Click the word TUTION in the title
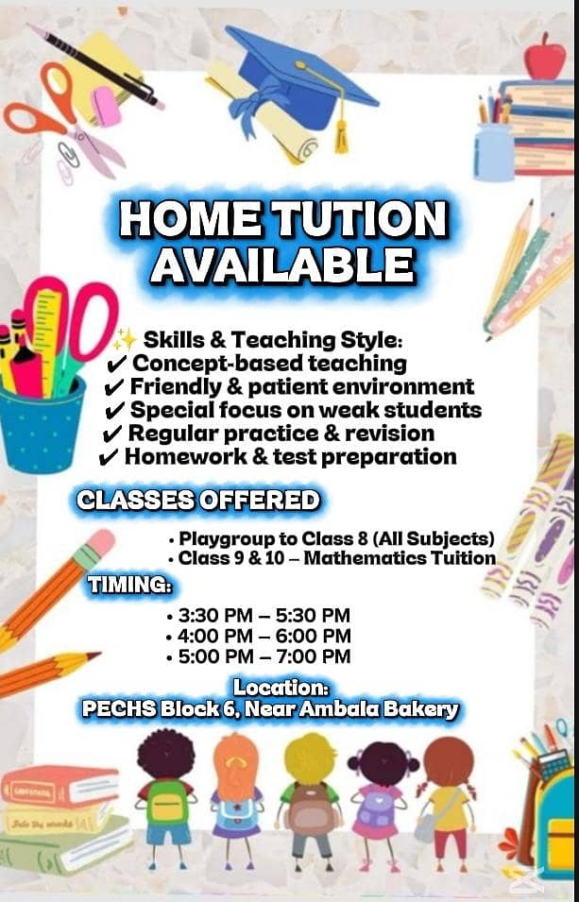(x=359, y=219)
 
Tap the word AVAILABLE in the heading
(x=283, y=265)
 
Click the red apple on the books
(x=544, y=57)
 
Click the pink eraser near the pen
(x=106, y=107)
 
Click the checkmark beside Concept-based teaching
(x=116, y=365)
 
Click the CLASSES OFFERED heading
(x=198, y=500)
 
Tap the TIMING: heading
(x=129, y=585)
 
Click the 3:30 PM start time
(x=215, y=616)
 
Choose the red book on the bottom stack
(x=60, y=786)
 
